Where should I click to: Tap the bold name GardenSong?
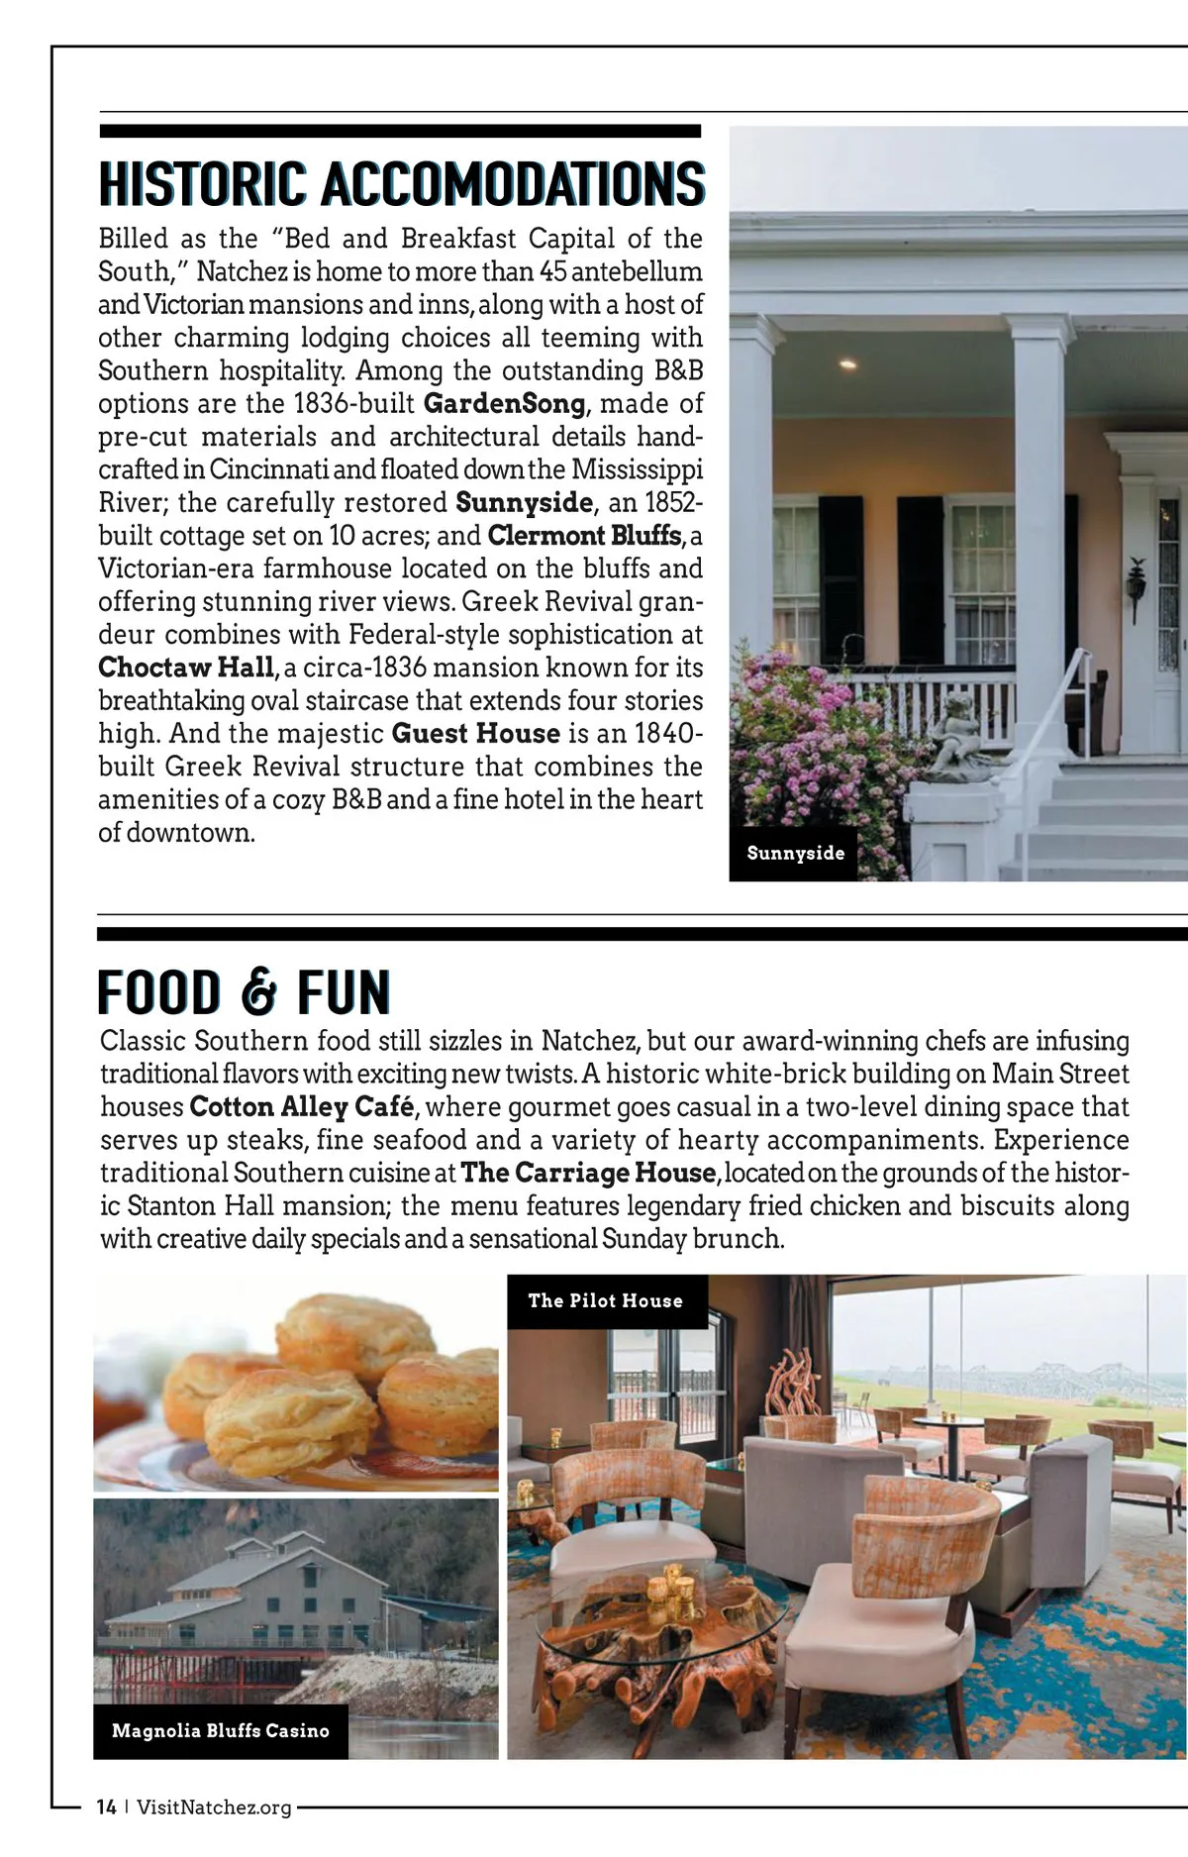pos(504,404)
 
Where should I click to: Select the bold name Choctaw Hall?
pos(185,668)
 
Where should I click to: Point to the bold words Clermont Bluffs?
pos(585,536)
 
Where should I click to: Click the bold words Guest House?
pos(476,734)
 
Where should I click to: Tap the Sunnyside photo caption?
pos(795,853)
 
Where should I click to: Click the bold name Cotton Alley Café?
pos(301,1107)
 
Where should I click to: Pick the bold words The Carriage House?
pos(588,1174)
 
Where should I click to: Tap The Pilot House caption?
pos(605,1301)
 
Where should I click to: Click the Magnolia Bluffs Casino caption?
pos(220,1731)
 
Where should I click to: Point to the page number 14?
pos(106,1807)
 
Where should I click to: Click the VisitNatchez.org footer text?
pos(214,1807)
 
